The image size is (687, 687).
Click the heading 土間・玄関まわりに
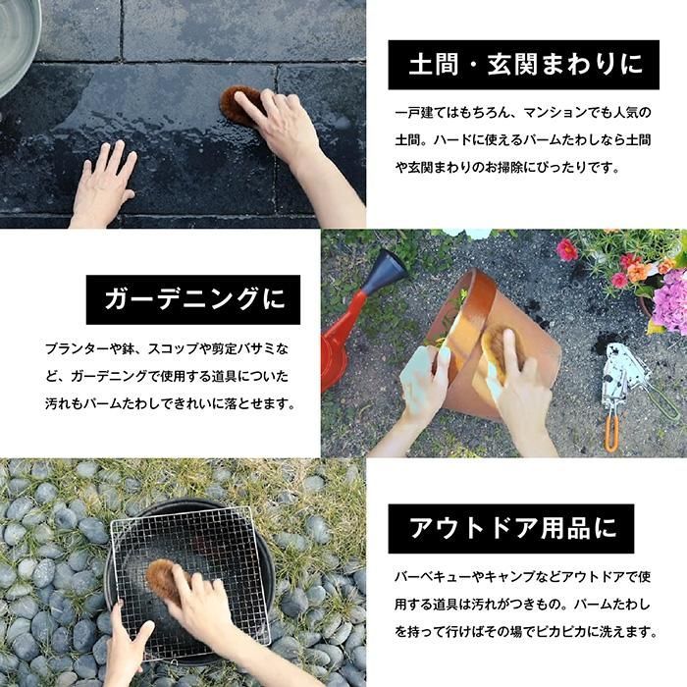[525, 65]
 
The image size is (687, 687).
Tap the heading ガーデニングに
[194, 299]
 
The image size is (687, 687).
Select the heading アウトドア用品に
[512, 528]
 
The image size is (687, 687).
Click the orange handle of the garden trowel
[612, 434]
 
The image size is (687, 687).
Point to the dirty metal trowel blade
[623, 376]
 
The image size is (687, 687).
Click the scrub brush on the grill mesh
[163, 579]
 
